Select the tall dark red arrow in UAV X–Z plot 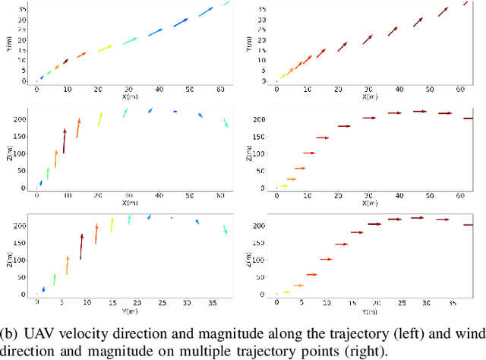(x=65, y=141)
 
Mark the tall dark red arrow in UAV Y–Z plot (x=81, y=247)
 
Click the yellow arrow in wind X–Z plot (x=283, y=185)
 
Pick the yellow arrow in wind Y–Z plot (x=286, y=292)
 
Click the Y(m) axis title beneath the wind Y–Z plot (x=369, y=311)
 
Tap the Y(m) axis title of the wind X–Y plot (x=251, y=46)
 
